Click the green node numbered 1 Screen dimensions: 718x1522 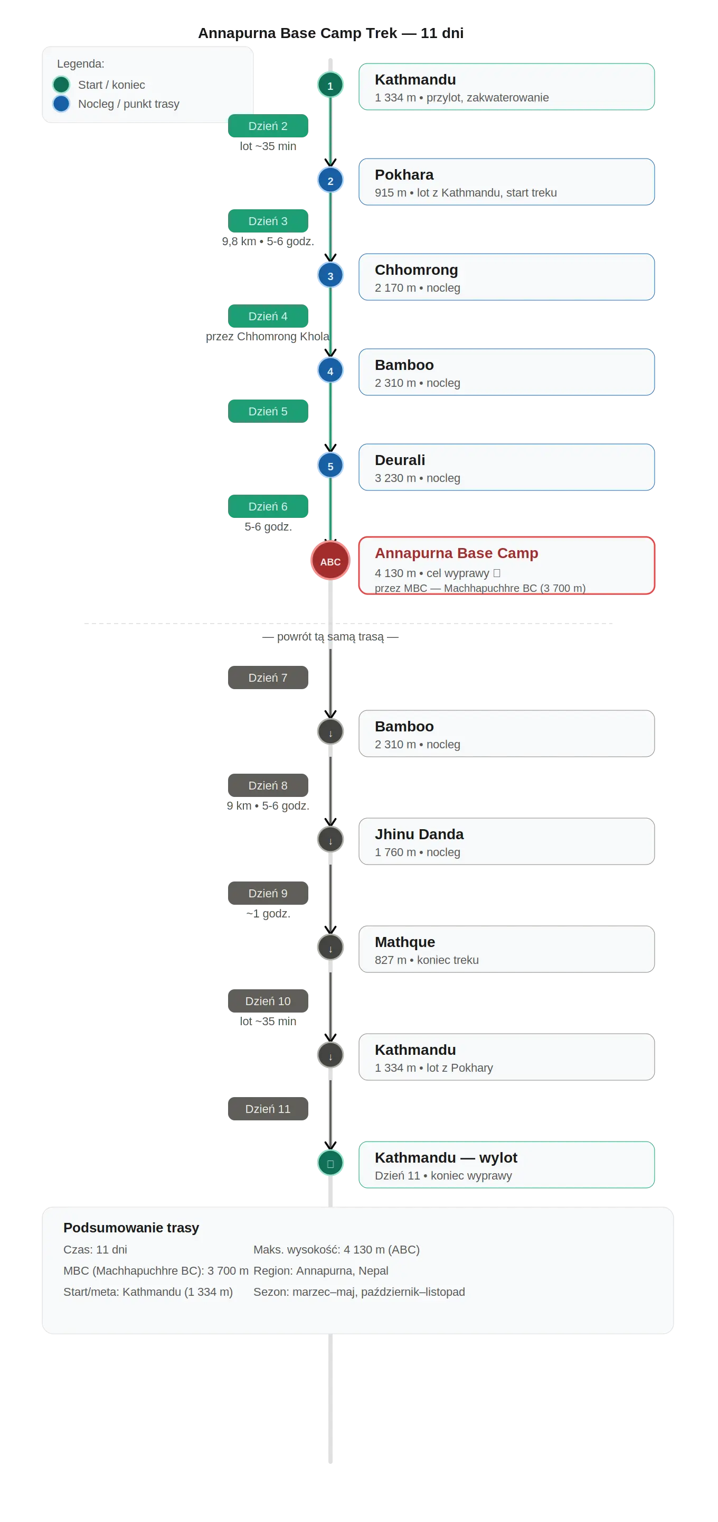click(x=330, y=85)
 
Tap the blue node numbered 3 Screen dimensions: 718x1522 click(x=330, y=275)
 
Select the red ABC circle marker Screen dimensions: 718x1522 click(x=330, y=561)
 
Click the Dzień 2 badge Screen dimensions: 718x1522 click(x=268, y=126)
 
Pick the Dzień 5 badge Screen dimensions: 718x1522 click(x=268, y=411)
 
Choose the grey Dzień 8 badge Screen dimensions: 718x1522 click(x=268, y=785)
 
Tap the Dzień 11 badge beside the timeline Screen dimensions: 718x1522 click(x=268, y=1108)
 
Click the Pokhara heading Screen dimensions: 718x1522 click(x=404, y=175)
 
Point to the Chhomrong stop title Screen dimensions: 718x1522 click(x=416, y=270)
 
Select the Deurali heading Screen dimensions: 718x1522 click(x=400, y=460)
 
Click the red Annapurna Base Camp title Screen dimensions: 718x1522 click(x=457, y=553)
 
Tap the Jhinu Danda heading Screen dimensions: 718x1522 click(x=419, y=834)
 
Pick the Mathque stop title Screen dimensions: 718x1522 click(x=405, y=942)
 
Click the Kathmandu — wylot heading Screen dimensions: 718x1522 click(x=446, y=1157)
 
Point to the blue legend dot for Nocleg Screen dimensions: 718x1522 click(x=61, y=104)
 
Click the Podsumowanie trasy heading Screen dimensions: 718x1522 click(x=131, y=1227)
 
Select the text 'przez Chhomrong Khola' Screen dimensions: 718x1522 click(x=268, y=336)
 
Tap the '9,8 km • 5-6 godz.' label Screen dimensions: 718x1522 click(x=268, y=241)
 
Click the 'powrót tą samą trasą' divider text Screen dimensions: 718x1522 click(x=330, y=636)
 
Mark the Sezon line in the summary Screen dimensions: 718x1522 click(x=359, y=1292)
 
